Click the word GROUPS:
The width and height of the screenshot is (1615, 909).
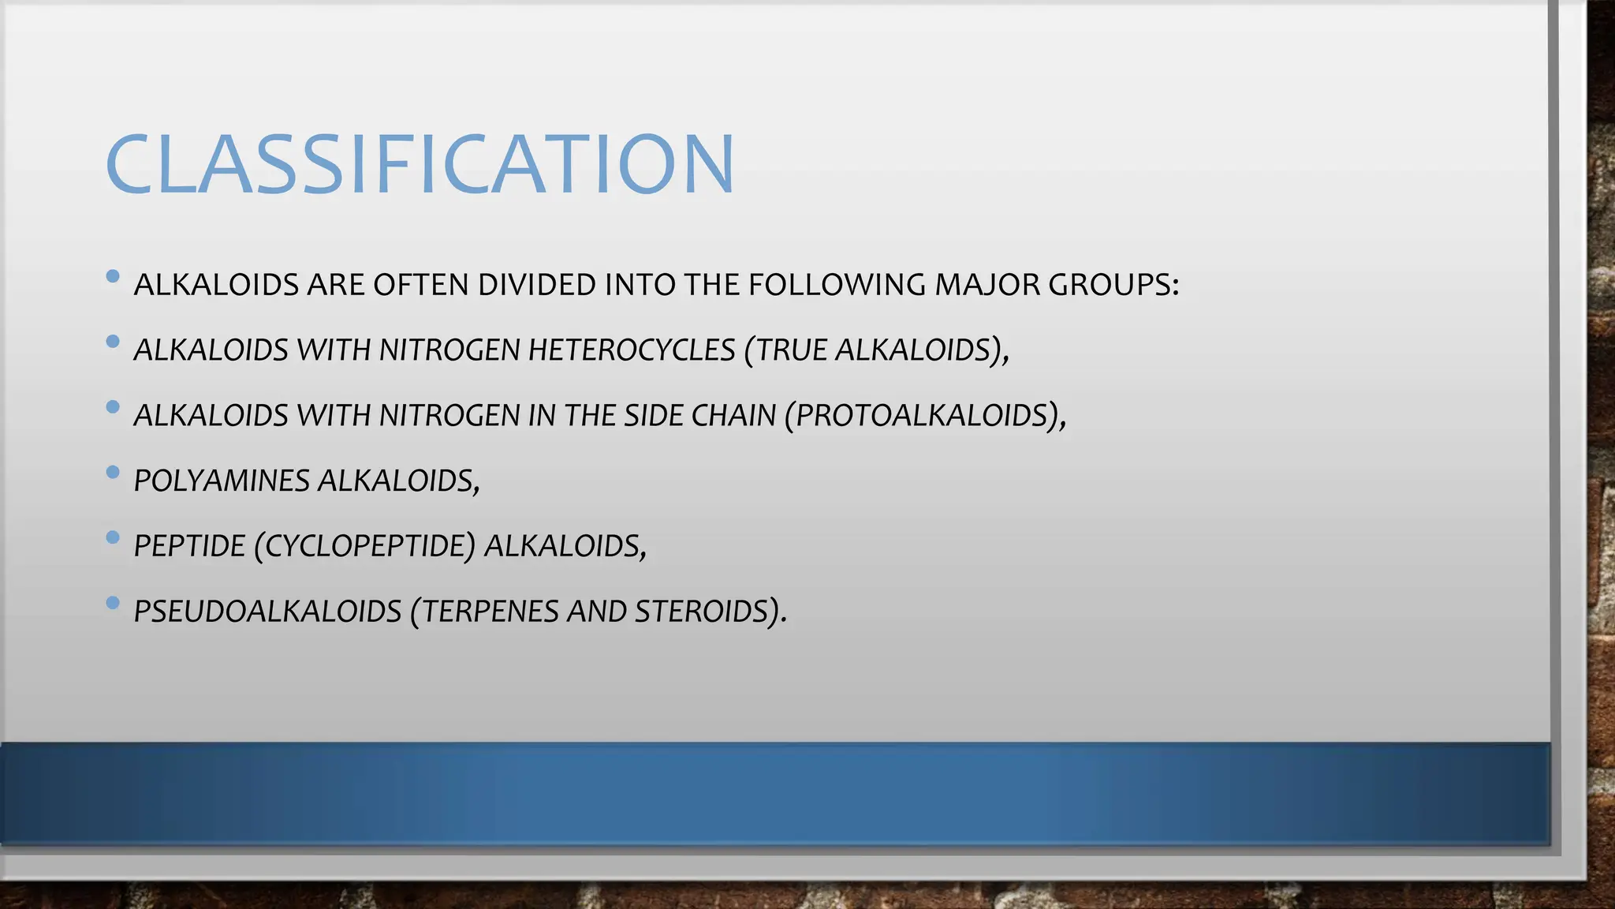(x=1113, y=285)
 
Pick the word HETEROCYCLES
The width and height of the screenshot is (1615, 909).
(x=632, y=350)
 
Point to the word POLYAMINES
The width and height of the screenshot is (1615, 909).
(x=222, y=481)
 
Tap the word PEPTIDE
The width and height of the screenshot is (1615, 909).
(x=189, y=546)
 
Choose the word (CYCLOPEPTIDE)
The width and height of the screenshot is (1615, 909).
(x=365, y=546)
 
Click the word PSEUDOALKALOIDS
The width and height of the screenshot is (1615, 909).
(x=267, y=612)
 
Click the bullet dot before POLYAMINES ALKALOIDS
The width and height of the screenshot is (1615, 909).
(x=113, y=473)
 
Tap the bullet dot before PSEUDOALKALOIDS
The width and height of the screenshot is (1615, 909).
(x=113, y=604)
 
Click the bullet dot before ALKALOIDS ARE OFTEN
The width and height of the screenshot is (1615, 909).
(x=113, y=277)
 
